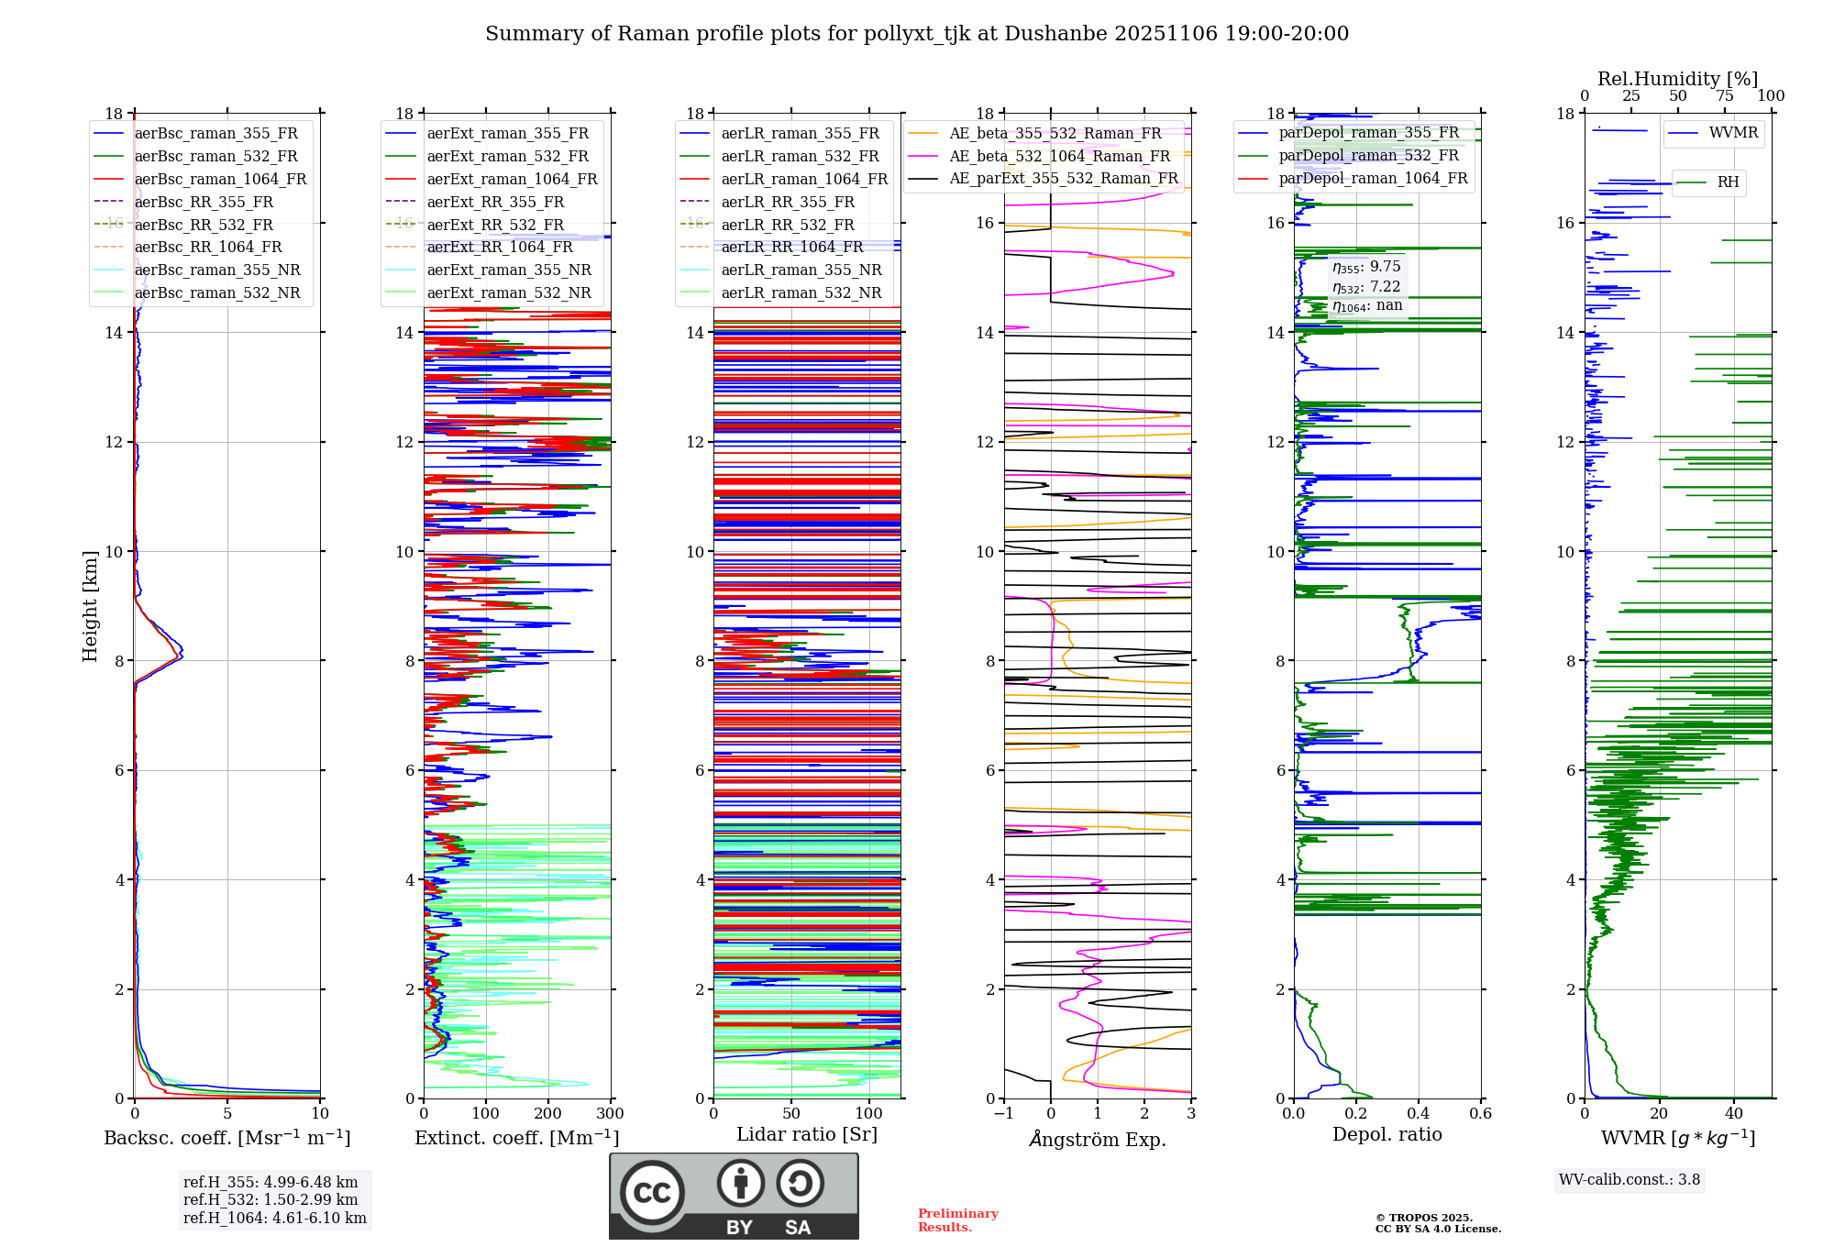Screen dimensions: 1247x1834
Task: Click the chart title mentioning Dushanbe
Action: click(x=917, y=34)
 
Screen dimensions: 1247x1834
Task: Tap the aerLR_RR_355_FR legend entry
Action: click(x=787, y=202)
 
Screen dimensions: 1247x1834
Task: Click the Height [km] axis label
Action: click(x=90, y=605)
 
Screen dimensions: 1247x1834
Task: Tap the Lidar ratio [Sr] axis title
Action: click(x=807, y=1134)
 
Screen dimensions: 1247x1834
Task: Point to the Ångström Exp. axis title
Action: click(x=1098, y=1139)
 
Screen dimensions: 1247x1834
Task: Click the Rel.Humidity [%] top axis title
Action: click(x=1677, y=79)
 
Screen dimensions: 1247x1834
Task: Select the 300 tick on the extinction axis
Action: click(x=610, y=1113)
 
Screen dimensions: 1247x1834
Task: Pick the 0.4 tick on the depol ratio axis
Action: click(x=1419, y=1113)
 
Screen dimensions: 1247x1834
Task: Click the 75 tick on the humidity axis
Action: click(x=1725, y=96)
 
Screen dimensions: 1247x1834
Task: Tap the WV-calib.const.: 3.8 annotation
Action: click(x=1630, y=1180)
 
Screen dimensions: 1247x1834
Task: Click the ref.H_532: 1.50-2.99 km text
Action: click(x=271, y=1199)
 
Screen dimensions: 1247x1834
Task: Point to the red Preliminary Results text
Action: click(x=957, y=1219)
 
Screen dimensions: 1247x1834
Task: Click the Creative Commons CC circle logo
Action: click(x=652, y=1193)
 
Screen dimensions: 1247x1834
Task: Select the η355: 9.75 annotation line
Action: click(x=1366, y=267)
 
